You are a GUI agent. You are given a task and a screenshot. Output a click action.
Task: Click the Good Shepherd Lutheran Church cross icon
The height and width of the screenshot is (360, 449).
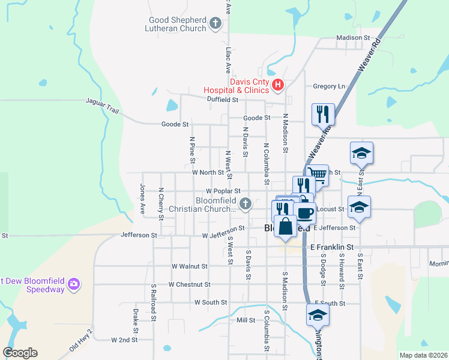216,25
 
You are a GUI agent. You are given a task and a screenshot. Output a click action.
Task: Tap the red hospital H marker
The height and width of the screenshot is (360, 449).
277,85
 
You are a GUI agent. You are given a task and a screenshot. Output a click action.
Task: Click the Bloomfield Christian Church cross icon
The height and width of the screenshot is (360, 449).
245,205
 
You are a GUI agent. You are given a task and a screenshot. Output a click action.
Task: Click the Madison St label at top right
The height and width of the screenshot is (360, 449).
353,38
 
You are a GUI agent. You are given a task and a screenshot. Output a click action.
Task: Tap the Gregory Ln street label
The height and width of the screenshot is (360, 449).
330,86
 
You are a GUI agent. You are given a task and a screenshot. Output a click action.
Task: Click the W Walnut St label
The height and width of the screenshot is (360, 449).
189,266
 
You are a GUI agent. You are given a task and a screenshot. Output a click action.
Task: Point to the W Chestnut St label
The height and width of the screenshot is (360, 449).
190,284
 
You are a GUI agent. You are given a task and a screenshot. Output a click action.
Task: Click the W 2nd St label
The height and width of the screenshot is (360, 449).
125,340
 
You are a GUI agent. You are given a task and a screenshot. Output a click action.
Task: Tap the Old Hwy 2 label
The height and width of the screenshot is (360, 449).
82,340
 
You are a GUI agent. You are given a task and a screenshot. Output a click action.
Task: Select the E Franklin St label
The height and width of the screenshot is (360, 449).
332,247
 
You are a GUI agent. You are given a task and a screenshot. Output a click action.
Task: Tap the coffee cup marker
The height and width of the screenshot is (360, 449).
305,213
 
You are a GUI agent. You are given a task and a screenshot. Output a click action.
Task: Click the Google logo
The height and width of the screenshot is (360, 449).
20,353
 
